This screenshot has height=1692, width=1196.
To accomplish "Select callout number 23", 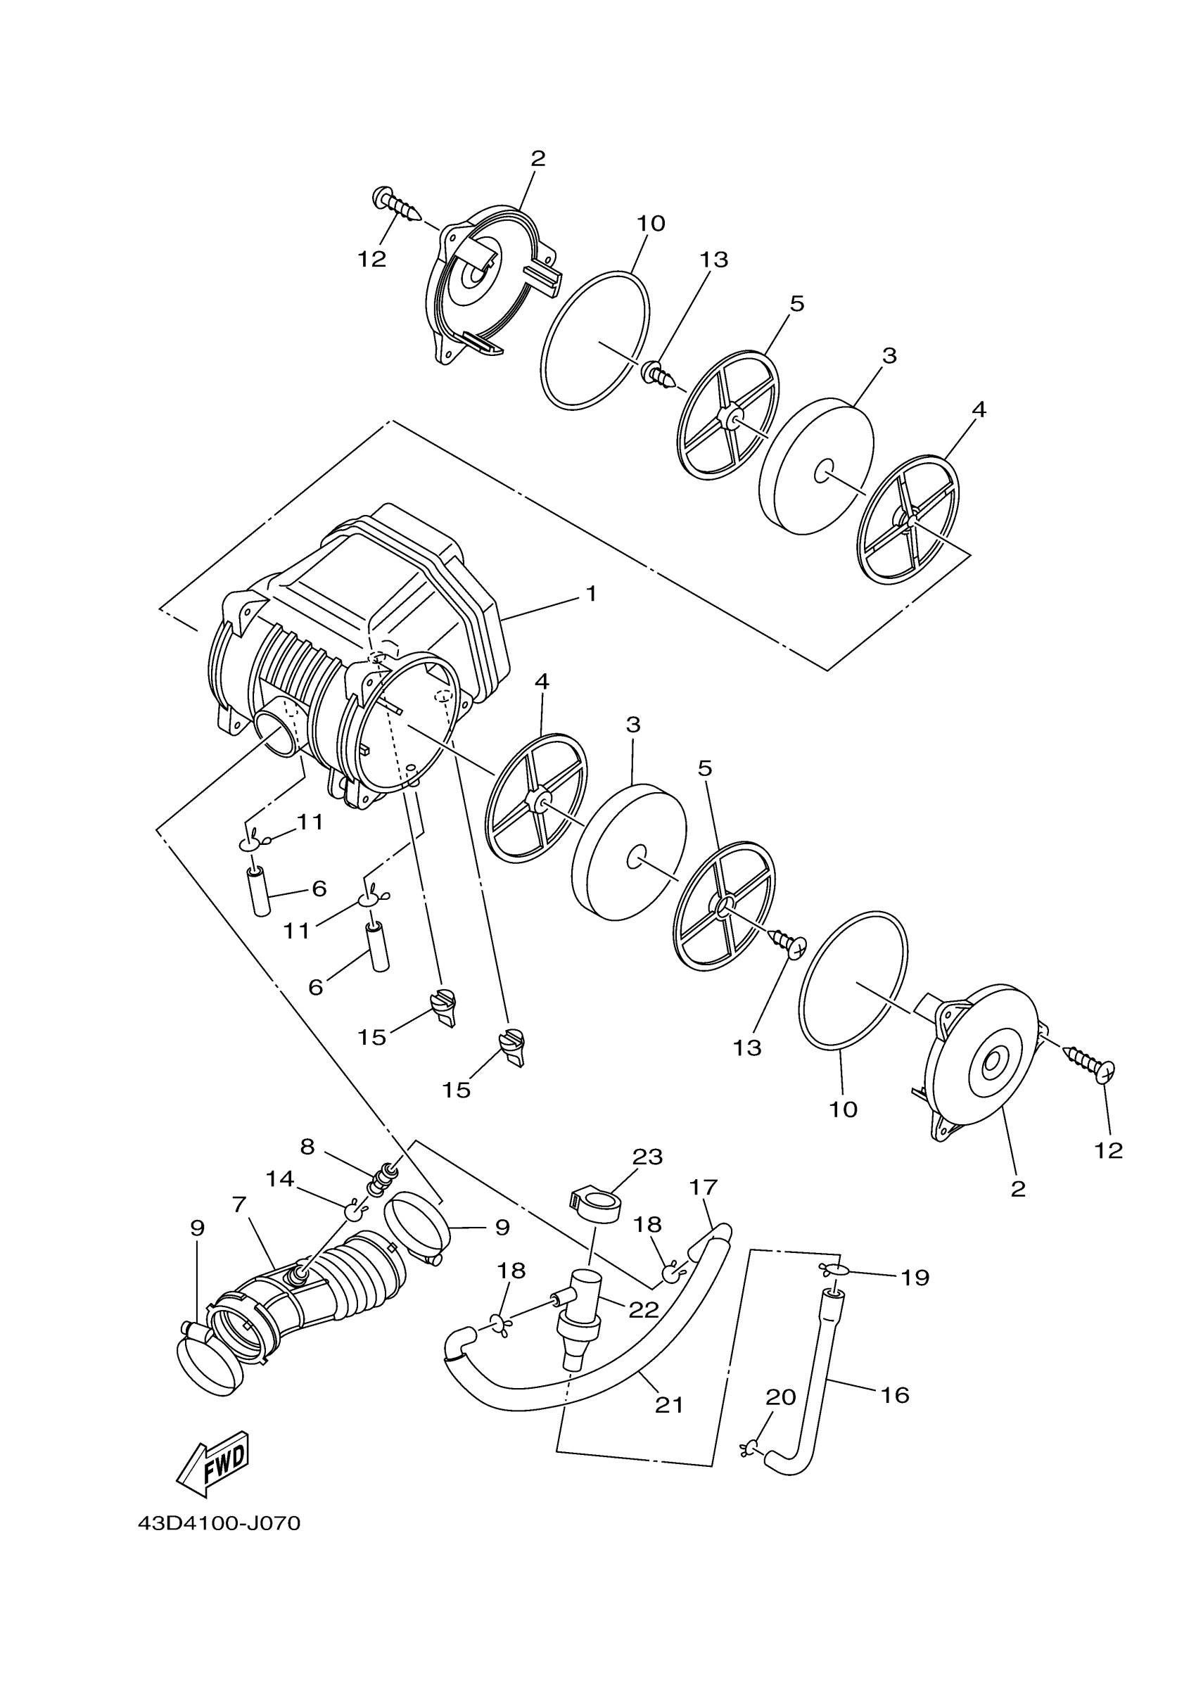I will tap(648, 1156).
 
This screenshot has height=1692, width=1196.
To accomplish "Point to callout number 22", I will tap(642, 1309).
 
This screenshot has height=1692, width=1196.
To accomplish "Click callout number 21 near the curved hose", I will tap(669, 1404).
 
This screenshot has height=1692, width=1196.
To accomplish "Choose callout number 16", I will tap(895, 1394).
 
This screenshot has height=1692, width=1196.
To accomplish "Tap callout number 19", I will tap(915, 1277).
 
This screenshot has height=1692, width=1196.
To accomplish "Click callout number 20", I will tap(781, 1397).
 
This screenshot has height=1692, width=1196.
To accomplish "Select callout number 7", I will tap(238, 1204).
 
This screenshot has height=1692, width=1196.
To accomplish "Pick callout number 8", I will tap(307, 1146).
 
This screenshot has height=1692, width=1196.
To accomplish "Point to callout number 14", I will tap(280, 1178).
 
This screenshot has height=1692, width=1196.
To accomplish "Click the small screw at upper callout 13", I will tap(659, 374).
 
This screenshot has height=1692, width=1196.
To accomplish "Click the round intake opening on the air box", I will tap(280, 732).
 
